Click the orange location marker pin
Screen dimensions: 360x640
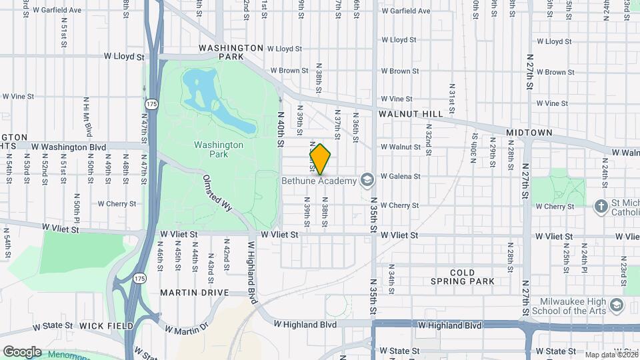pyautogui.click(x=320, y=159)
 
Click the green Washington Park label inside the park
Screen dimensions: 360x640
pyautogui.click(x=219, y=149)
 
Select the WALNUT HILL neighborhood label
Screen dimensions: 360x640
pyautogui.click(x=411, y=114)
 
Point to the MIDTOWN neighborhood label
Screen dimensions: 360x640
pyautogui.click(x=529, y=133)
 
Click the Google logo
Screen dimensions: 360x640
pyautogui.click(x=22, y=351)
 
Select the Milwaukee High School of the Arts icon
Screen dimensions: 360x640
pyautogui.click(x=617, y=305)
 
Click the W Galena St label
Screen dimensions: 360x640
pyautogui.click(x=400, y=177)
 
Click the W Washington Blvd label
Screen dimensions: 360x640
pyautogui.click(x=68, y=147)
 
